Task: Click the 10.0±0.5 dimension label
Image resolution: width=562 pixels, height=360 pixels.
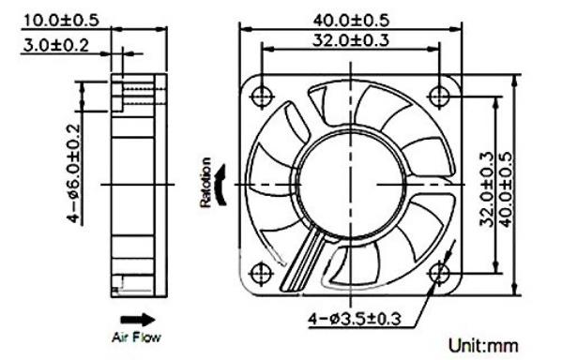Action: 61,21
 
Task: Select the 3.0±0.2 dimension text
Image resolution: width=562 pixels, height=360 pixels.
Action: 55,46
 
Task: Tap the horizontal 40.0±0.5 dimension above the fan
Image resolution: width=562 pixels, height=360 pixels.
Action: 351,21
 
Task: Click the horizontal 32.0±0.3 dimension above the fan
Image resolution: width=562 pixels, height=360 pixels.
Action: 351,39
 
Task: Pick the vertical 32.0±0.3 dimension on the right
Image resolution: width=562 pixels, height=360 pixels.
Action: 487,190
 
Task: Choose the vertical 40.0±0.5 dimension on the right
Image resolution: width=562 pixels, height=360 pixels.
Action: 506,190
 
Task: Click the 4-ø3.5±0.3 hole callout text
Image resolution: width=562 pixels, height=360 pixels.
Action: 355,319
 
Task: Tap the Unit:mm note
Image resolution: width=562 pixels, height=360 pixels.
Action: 483,346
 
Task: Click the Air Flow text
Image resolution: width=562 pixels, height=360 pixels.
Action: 136,337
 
